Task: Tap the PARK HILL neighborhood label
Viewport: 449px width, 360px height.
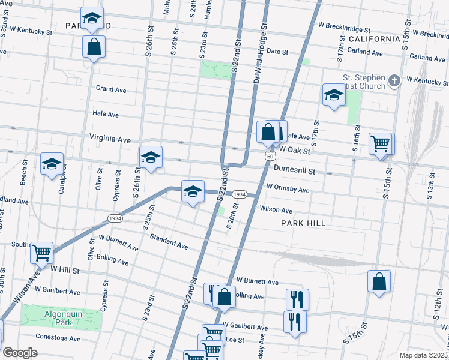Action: click(303, 223)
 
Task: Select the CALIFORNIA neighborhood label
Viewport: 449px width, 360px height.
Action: click(374, 39)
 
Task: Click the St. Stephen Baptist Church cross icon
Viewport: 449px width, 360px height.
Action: click(394, 80)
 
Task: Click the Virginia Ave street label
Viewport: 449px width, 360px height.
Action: click(110, 139)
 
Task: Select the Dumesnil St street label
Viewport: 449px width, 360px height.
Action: click(294, 170)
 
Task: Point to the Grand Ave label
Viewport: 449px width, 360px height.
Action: click(111, 89)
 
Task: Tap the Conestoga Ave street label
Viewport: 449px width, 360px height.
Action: click(58, 338)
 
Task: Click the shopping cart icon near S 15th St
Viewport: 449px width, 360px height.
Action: click(381, 145)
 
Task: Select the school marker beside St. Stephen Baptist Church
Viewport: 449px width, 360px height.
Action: click(334, 94)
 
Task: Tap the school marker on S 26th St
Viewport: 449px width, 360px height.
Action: click(151, 158)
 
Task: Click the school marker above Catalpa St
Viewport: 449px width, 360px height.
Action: click(52, 163)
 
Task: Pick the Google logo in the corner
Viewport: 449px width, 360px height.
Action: click(20, 353)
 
